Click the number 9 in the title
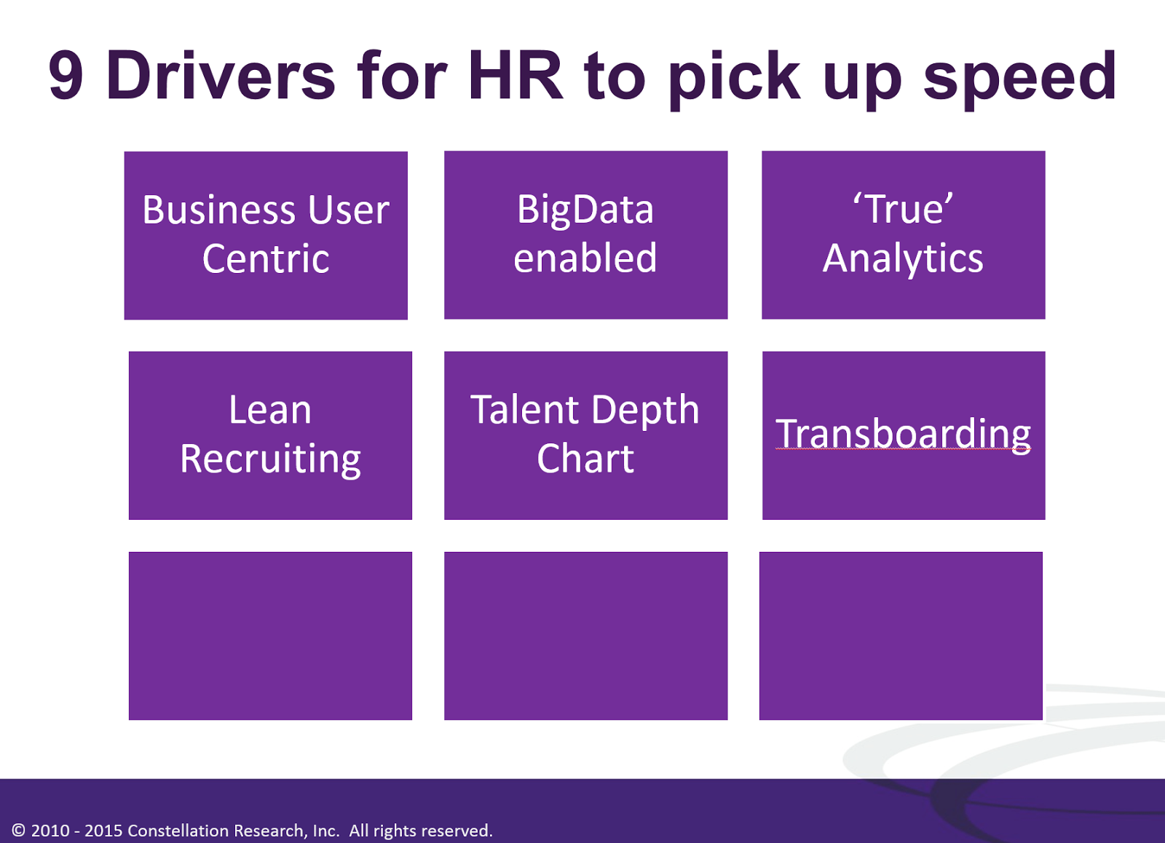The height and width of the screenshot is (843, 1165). tap(66, 75)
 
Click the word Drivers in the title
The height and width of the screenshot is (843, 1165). tap(221, 75)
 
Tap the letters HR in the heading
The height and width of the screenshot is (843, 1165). tap(516, 75)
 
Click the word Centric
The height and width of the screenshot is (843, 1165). tap(266, 258)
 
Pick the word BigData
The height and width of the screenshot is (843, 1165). tap(585, 211)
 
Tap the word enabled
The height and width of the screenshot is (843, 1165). tap(585, 258)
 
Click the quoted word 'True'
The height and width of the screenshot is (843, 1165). tap(904, 208)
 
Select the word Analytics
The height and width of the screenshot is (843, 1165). tap(903, 259)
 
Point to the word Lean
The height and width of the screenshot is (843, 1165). tap(270, 410)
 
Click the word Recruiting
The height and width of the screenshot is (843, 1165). tap(270, 460)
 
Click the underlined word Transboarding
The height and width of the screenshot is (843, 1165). tap(903, 435)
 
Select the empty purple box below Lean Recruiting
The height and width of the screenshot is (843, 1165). tap(270, 636)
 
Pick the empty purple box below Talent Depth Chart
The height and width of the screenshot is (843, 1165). tap(585, 636)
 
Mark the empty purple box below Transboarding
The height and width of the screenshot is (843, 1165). tap(901, 636)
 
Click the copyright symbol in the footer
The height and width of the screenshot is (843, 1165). tap(18, 830)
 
